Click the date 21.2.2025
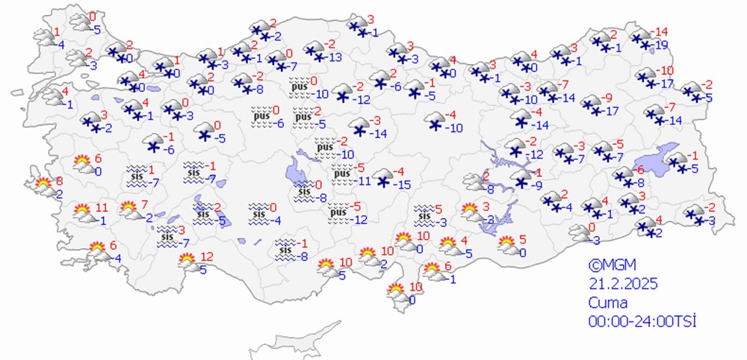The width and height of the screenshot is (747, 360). (617, 284)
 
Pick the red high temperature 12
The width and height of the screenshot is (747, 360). (207, 256)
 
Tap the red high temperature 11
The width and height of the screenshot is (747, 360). (102, 207)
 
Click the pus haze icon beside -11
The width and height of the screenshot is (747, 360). (341, 175)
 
